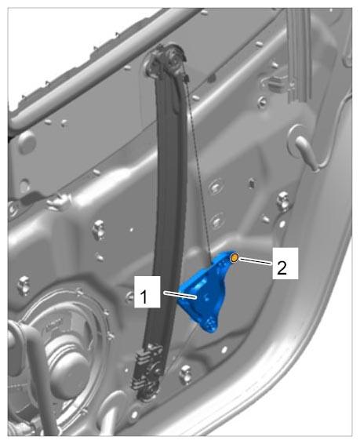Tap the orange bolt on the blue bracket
235,257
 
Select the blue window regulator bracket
205,293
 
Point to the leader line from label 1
180,294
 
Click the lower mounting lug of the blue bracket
209,324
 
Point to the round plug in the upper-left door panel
27,142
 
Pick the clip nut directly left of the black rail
99,230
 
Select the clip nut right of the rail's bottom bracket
186,374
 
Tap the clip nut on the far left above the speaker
24,286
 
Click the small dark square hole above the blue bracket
251,184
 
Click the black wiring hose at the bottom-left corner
34,377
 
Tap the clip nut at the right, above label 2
282,201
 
